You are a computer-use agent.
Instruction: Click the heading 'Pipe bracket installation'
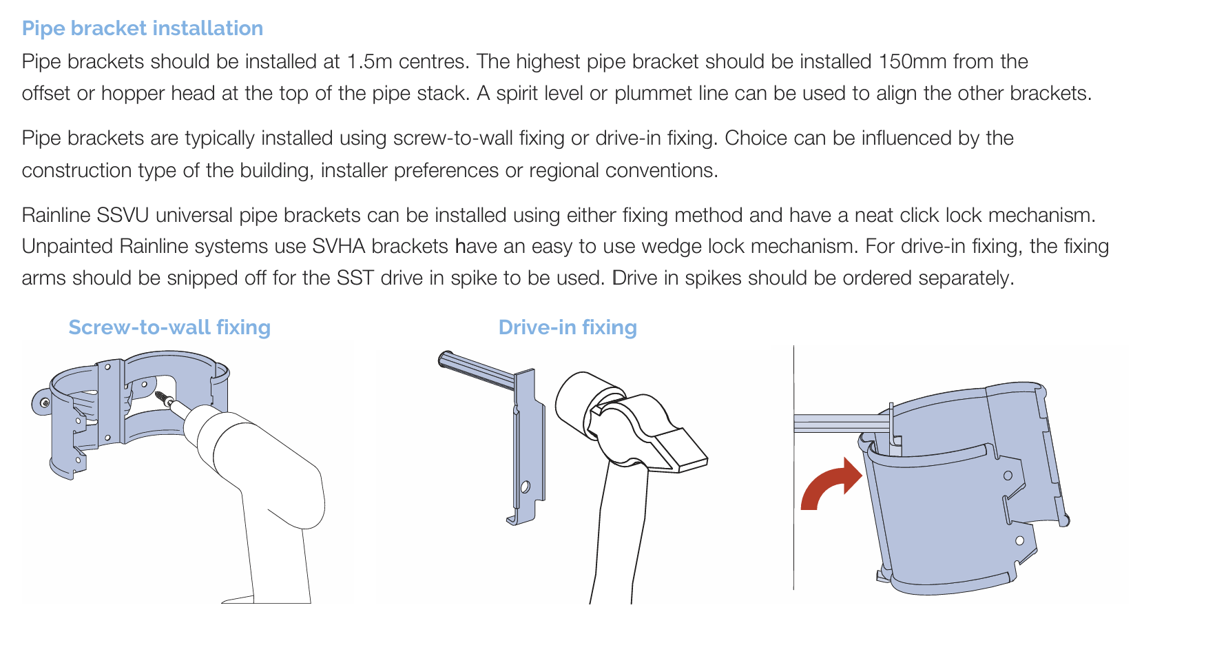click(x=143, y=28)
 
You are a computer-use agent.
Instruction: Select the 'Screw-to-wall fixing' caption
click(x=169, y=327)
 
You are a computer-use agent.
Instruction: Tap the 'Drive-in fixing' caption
click(x=568, y=327)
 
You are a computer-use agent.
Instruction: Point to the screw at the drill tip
click(x=166, y=398)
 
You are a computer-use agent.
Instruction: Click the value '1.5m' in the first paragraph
click(x=370, y=61)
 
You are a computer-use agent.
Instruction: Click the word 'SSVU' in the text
click(x=123, y=215)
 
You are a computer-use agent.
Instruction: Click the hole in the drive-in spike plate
click(x=525, y=487)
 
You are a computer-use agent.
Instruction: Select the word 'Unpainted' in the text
click(x=67, y=246)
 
